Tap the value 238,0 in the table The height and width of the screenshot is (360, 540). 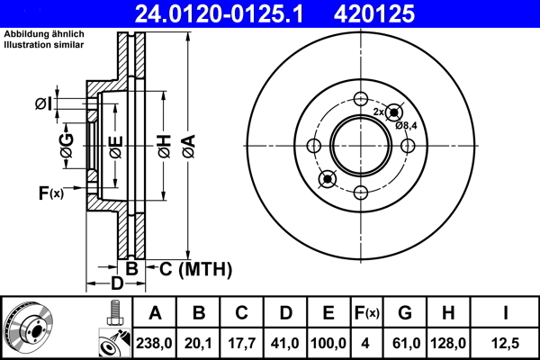[x=154, y=341]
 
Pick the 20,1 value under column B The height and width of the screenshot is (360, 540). [x=200, y=341]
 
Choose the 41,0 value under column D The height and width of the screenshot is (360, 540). [x=285, y=341]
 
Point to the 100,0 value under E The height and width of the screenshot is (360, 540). [x=328, y=341]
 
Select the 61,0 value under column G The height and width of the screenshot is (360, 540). [x=405, y=341]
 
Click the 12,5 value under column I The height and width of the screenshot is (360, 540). [x=506, y=341]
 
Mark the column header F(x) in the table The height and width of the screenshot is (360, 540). [x=366, y=313]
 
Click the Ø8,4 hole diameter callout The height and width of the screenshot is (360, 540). [x=406, y=125]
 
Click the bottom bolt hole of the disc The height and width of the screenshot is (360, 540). [x=360, y=191]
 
